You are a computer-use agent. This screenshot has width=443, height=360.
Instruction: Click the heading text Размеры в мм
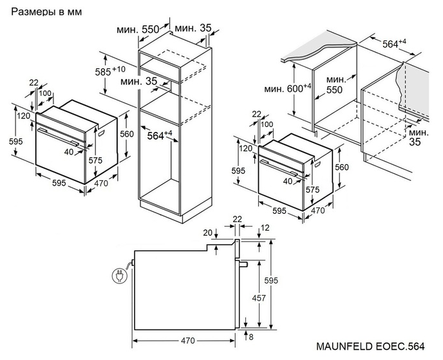[x=43, y=12]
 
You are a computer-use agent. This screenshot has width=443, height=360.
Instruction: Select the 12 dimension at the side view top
[x=265, y=229]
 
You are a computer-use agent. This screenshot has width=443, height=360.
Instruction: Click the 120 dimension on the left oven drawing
[x=24, y=117]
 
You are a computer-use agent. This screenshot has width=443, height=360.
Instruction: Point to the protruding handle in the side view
[x=243, y=265]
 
